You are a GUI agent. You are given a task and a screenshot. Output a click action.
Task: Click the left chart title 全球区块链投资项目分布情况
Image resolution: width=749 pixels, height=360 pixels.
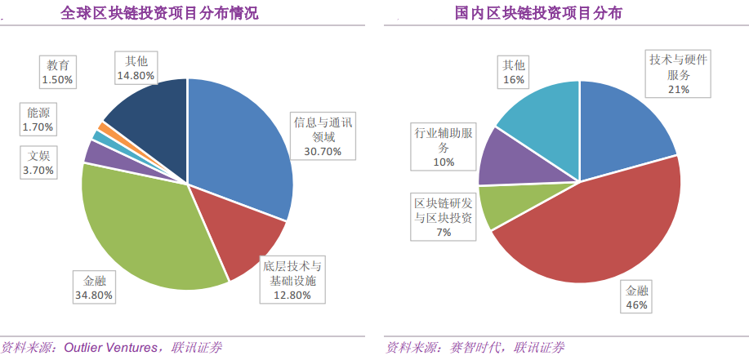point(161,13)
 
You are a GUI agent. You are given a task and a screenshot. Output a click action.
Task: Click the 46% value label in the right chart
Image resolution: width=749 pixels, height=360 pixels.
point(637,304)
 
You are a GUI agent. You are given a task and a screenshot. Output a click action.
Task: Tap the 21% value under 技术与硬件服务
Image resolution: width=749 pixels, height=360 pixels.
point(679,89)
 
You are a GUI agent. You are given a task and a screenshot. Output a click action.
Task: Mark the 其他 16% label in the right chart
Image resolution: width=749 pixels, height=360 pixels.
point(513,72)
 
